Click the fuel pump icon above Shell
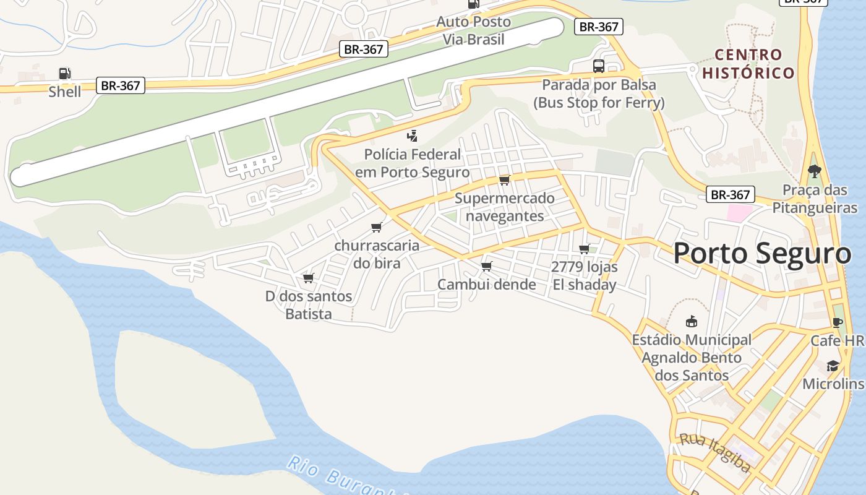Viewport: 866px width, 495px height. [65, 74]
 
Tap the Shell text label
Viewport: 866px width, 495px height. [65, 92]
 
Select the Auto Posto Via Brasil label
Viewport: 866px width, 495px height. [474, 30]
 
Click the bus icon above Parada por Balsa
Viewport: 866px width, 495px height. [598, 66]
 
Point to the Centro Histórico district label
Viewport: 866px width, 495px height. [748, 64]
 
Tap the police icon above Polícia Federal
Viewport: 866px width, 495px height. [412, 136]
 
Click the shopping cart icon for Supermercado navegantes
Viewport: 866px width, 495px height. [505, 180]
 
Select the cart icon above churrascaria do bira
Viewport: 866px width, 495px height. [376, 228]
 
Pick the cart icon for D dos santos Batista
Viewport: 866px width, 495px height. [308, 278]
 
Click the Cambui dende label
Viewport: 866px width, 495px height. [487, 285]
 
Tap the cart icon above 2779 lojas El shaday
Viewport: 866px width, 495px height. [584, 249]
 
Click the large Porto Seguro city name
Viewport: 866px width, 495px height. [762, 254]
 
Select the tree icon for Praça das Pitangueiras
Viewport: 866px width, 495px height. [814, 171]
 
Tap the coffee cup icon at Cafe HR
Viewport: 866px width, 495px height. [838, 322]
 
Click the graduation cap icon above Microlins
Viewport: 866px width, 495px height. [833, 366]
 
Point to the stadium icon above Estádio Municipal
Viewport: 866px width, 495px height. [691, 322]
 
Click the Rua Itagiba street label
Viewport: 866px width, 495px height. [715, 452]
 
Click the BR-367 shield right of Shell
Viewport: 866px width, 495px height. [121, 85]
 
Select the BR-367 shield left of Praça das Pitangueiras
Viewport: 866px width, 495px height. [731, 195]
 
